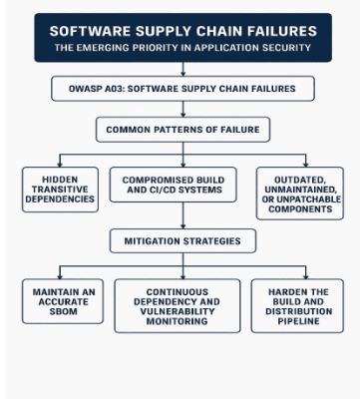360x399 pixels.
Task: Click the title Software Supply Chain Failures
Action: [182, 31]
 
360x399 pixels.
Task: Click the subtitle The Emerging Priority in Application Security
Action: [182, 47]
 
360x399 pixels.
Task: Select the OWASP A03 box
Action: [182, 90]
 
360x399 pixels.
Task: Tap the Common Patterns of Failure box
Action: [182, 130]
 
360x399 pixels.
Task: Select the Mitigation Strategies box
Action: [182, 240]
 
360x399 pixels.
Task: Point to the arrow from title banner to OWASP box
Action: [182, 69]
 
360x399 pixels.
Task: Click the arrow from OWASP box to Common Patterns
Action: [182, 110]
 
